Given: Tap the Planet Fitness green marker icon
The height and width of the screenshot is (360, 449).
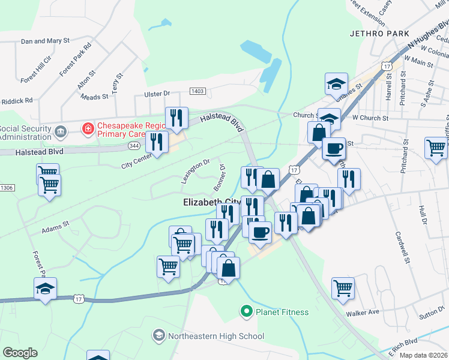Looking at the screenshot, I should [246, 311].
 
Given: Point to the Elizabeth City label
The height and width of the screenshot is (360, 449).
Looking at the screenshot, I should [211, 203].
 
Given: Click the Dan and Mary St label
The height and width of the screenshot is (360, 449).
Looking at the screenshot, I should [45, 41].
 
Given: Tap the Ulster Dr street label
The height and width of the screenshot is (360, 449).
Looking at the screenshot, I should [157, 94].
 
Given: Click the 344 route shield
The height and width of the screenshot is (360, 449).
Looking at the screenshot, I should [134, 146].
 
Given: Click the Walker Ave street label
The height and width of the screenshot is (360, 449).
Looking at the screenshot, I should [363, 313].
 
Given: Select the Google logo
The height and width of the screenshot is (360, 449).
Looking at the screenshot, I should [20, 353].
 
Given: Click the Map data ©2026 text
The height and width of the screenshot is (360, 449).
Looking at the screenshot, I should [423, 355].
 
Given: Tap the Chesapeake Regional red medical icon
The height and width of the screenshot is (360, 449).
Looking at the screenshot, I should [88, 128].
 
